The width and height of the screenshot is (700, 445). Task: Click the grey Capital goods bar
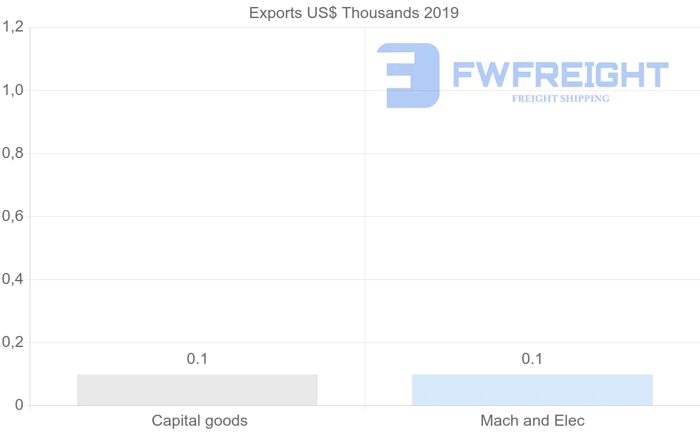point(197,390)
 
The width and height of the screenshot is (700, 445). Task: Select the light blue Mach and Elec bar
point(532,390)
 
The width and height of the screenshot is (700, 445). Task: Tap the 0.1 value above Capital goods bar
point(197,359)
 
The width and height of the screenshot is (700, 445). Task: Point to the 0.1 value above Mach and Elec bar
point(532,359)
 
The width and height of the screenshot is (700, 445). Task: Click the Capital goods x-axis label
point(199,421)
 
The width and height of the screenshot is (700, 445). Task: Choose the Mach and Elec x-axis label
point(533,421)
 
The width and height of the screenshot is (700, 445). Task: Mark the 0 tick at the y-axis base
point(19,405)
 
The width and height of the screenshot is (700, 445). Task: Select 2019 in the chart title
point(442,13)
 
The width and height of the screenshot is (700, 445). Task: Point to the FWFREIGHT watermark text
point(560,75)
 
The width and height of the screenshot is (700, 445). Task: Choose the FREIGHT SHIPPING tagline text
point(561,99)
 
